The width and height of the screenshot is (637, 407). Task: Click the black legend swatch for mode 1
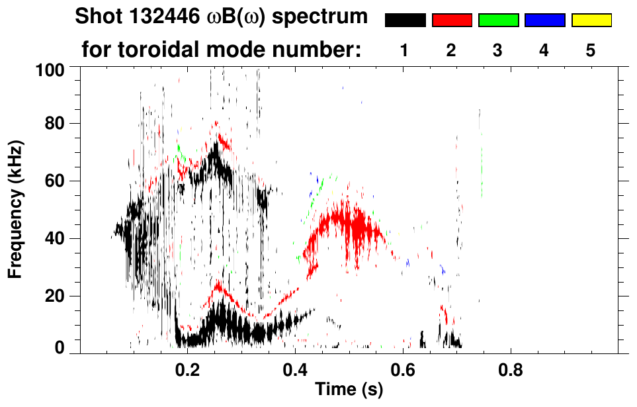tap(405, 21)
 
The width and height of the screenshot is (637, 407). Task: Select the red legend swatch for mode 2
tap(451, 21)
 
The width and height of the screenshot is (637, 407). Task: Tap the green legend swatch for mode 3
tap(497, 21)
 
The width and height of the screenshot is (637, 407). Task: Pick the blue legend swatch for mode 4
tap(544, 21)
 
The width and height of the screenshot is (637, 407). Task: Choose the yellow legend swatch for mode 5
tap(591, 21)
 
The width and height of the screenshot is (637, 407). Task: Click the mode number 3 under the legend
tap(497, 51)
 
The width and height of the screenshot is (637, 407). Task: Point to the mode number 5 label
tap(591, 51)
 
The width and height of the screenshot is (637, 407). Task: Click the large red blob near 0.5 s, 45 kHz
tap(344, 225)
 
